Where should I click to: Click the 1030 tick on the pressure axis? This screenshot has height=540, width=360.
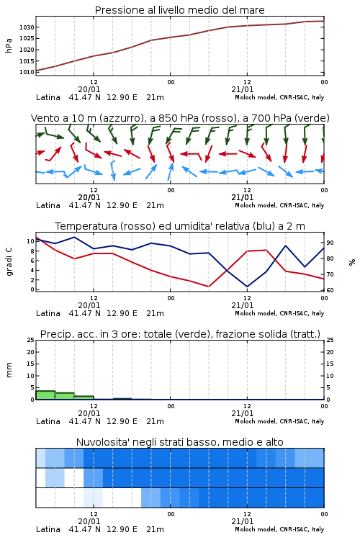27,27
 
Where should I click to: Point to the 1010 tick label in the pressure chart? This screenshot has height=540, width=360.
27,72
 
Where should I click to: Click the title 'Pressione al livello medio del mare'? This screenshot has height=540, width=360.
179,10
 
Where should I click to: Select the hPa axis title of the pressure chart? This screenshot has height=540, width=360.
9,45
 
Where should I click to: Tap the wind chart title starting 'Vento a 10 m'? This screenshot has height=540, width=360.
180,118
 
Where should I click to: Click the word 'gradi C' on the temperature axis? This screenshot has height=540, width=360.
9,261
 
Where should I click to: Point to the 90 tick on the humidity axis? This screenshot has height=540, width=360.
330,243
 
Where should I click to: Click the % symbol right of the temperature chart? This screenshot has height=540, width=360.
352,262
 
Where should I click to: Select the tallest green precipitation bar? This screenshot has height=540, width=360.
45,395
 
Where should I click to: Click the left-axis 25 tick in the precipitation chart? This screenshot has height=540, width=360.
31,340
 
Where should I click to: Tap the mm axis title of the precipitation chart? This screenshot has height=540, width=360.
9,370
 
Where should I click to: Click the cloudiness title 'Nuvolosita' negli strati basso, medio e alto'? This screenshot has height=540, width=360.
179,442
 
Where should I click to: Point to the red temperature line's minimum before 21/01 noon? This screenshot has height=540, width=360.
209,287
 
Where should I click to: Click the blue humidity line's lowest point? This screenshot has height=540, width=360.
247,287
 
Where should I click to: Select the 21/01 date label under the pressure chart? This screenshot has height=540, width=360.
242,89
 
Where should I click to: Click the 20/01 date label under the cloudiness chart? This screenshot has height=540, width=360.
89,521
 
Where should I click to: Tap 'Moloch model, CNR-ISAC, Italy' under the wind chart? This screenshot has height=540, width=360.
279,205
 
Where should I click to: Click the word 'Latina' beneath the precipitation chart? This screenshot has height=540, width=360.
48,421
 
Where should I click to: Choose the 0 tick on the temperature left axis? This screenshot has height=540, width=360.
32,289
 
